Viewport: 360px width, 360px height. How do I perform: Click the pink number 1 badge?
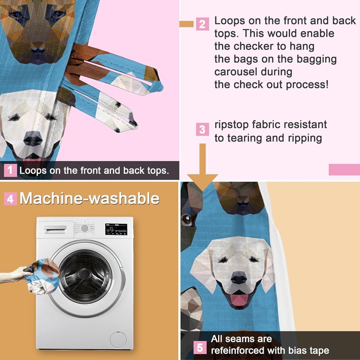coord(10,171)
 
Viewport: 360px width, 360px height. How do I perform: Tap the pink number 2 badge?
coord(202,24)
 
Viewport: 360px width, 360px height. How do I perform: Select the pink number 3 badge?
coord(202,130)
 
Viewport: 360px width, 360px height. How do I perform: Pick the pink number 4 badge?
coord(10,198)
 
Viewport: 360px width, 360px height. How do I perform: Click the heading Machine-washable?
coord(89,198)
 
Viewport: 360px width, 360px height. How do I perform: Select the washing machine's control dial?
coord(84,228)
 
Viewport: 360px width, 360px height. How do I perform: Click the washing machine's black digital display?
coord(117,229)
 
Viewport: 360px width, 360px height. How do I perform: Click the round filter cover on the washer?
coord(118,339)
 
